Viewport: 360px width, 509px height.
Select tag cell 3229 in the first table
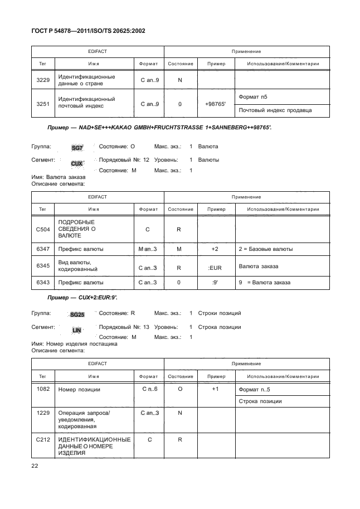click(42, 80)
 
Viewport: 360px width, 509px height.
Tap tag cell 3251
click(42, 104)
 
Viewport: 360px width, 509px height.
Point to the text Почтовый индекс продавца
click(275, 110)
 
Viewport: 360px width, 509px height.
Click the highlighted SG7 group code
click(76, 148)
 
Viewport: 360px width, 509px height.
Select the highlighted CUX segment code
click(77, 164)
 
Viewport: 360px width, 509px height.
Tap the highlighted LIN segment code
click(77, 331)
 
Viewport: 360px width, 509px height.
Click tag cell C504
click(42, 229)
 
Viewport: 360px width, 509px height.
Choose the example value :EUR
click(215, 268)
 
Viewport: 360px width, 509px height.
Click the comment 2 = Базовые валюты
click(265, 249)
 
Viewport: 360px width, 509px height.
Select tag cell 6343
click(42, 283)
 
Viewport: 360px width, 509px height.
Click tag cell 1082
click(42, 389)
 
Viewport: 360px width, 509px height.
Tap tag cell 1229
click(42, 413)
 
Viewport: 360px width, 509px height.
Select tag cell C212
click(42, 440)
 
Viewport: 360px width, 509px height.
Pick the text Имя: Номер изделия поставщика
click(74, 344)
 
